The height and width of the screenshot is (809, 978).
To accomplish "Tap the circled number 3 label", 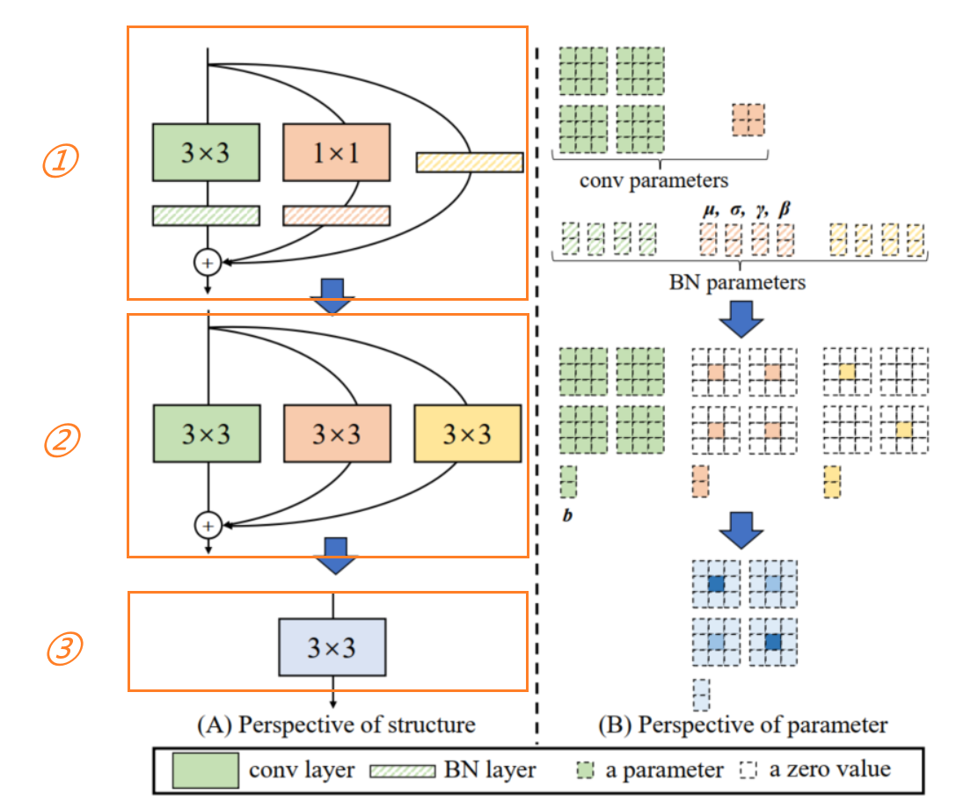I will click(64, 650).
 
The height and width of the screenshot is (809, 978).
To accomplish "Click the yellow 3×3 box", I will click(467, 434).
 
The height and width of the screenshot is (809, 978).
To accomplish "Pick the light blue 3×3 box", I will click(332, 647).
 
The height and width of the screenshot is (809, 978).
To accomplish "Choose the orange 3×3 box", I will click(336, 434).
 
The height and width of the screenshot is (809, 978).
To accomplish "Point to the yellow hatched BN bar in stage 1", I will click(470, 162).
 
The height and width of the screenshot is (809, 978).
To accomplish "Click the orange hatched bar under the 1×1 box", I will click(336, 215).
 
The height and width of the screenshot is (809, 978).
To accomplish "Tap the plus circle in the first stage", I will click(208, 261).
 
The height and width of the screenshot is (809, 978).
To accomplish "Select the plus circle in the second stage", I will click(208, 525).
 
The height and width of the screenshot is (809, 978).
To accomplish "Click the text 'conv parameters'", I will click(653, 181).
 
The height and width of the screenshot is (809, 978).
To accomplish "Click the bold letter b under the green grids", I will click(567, 515).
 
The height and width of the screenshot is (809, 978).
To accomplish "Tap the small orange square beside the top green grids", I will click(748, 119).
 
